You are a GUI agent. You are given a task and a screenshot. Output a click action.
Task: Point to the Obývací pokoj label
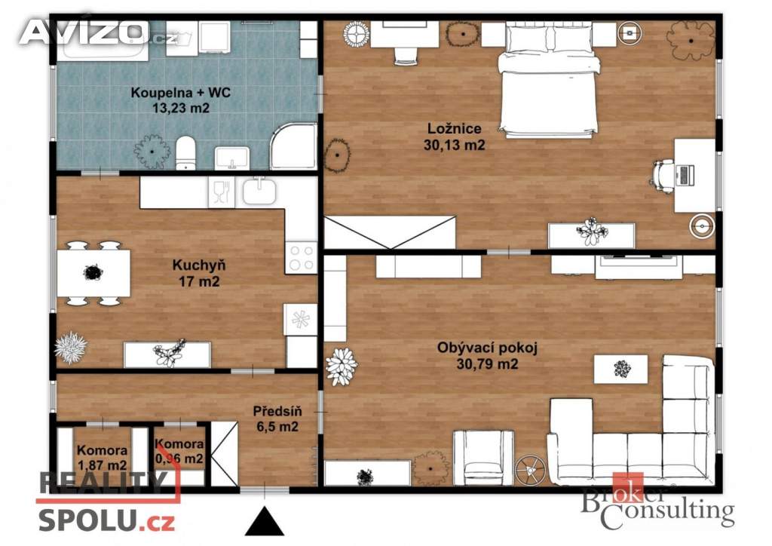pyautogui.click(x=481, y=348)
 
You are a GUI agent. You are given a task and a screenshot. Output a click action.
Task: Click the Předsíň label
pyautogui.click(x=277, y=412)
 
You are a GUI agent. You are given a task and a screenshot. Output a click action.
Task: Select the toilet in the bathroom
pyautogui.click(x=186, y=152)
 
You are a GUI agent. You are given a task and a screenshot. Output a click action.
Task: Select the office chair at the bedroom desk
pyautogui.click(x=663, y=176)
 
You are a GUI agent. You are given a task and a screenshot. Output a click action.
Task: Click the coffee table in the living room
pyautogui.click(x=621, y=369)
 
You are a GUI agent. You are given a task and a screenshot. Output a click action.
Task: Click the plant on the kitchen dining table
pyautogui.click(x=93, y=271)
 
